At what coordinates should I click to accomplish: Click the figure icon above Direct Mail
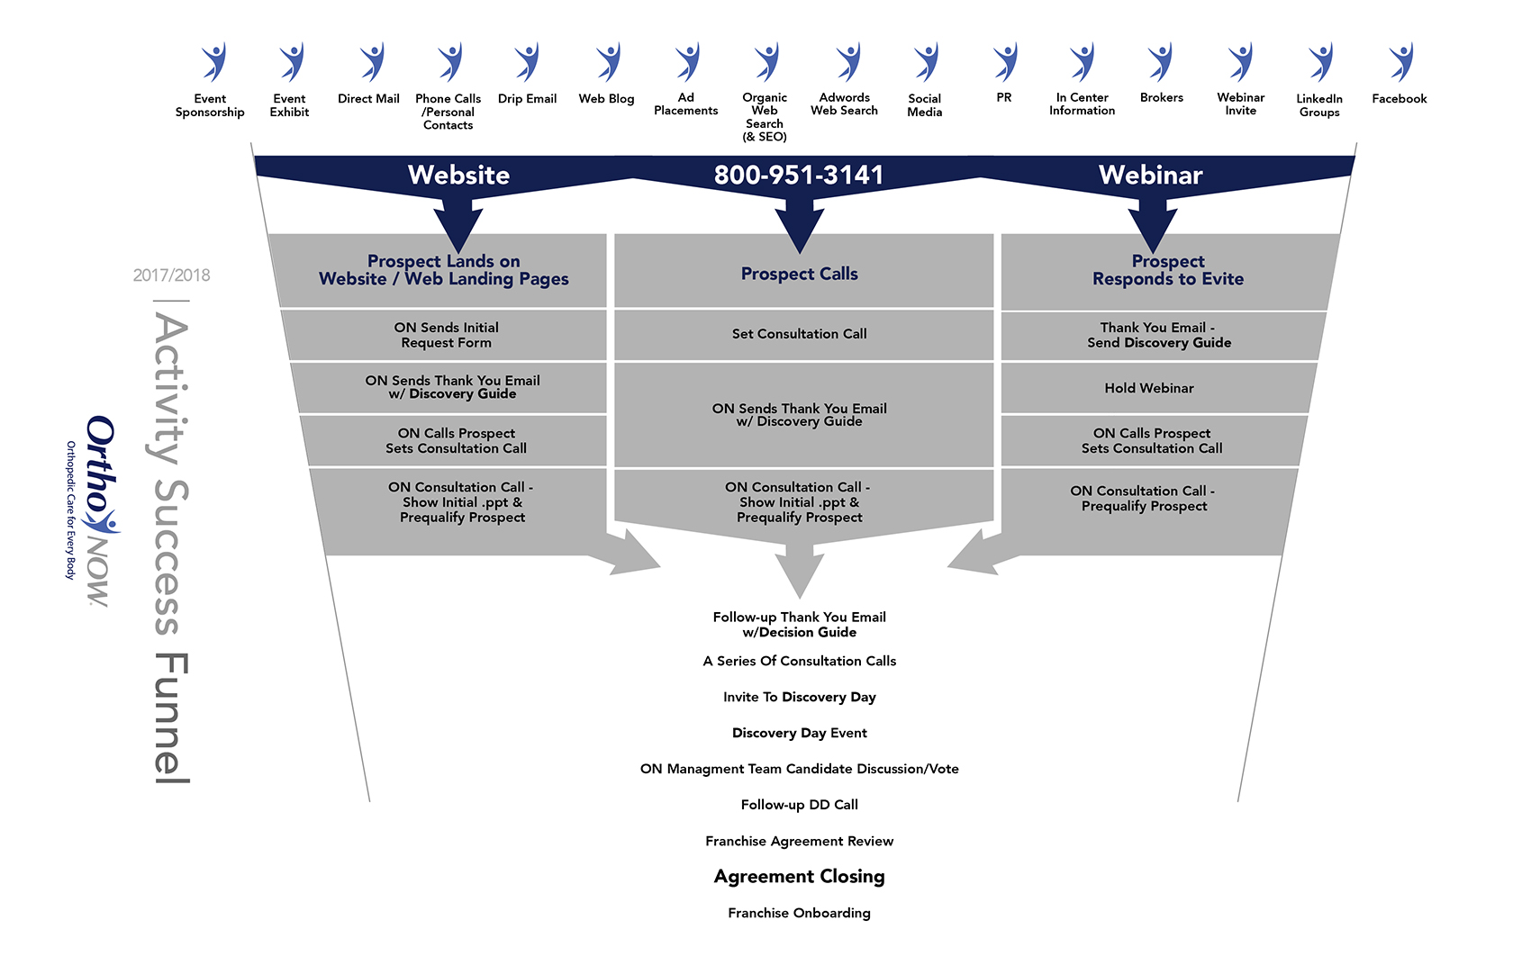[370, 62]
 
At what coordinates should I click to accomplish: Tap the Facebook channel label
[1399, 99]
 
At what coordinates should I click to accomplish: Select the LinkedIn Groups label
[1319, 105]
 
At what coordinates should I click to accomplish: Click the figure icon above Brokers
[1161, 62]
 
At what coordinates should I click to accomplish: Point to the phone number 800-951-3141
[799, 175]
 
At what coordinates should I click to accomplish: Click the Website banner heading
[458, 175]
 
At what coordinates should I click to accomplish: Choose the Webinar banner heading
[1150, 175]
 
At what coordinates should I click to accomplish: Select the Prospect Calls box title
[799, 274]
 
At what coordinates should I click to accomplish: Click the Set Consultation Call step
[799, 334]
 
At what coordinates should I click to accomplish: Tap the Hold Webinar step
[1149, 388]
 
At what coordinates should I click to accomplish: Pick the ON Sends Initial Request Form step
[446, 335]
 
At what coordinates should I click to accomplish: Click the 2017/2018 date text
[171, 275]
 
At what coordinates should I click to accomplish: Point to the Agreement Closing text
[799, 877]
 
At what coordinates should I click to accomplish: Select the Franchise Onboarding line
[799, 913]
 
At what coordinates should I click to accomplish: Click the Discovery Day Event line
[799, 733]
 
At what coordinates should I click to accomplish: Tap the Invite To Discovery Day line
[799, 697]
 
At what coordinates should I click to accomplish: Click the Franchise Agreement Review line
[799, 841]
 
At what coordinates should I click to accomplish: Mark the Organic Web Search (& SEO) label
[765, 117]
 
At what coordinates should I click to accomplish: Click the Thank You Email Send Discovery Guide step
[1158, 335]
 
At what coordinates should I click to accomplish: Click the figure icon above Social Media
[925, 62]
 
